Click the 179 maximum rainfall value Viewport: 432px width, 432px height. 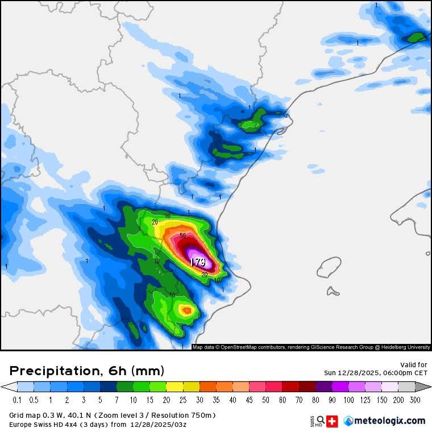(x=198, y=262)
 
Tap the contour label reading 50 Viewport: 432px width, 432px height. (x=182, y=235)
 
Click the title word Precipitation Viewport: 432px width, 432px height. (x=54, y=371)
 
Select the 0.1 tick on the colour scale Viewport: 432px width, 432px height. (x=17, y=400)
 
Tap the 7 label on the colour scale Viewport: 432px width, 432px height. (x=117, y=400)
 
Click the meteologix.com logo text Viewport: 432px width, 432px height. (x=389, y=421)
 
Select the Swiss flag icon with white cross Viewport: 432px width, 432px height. (x=334, y=421)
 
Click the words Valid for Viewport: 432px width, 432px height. (x=414, y=364)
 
